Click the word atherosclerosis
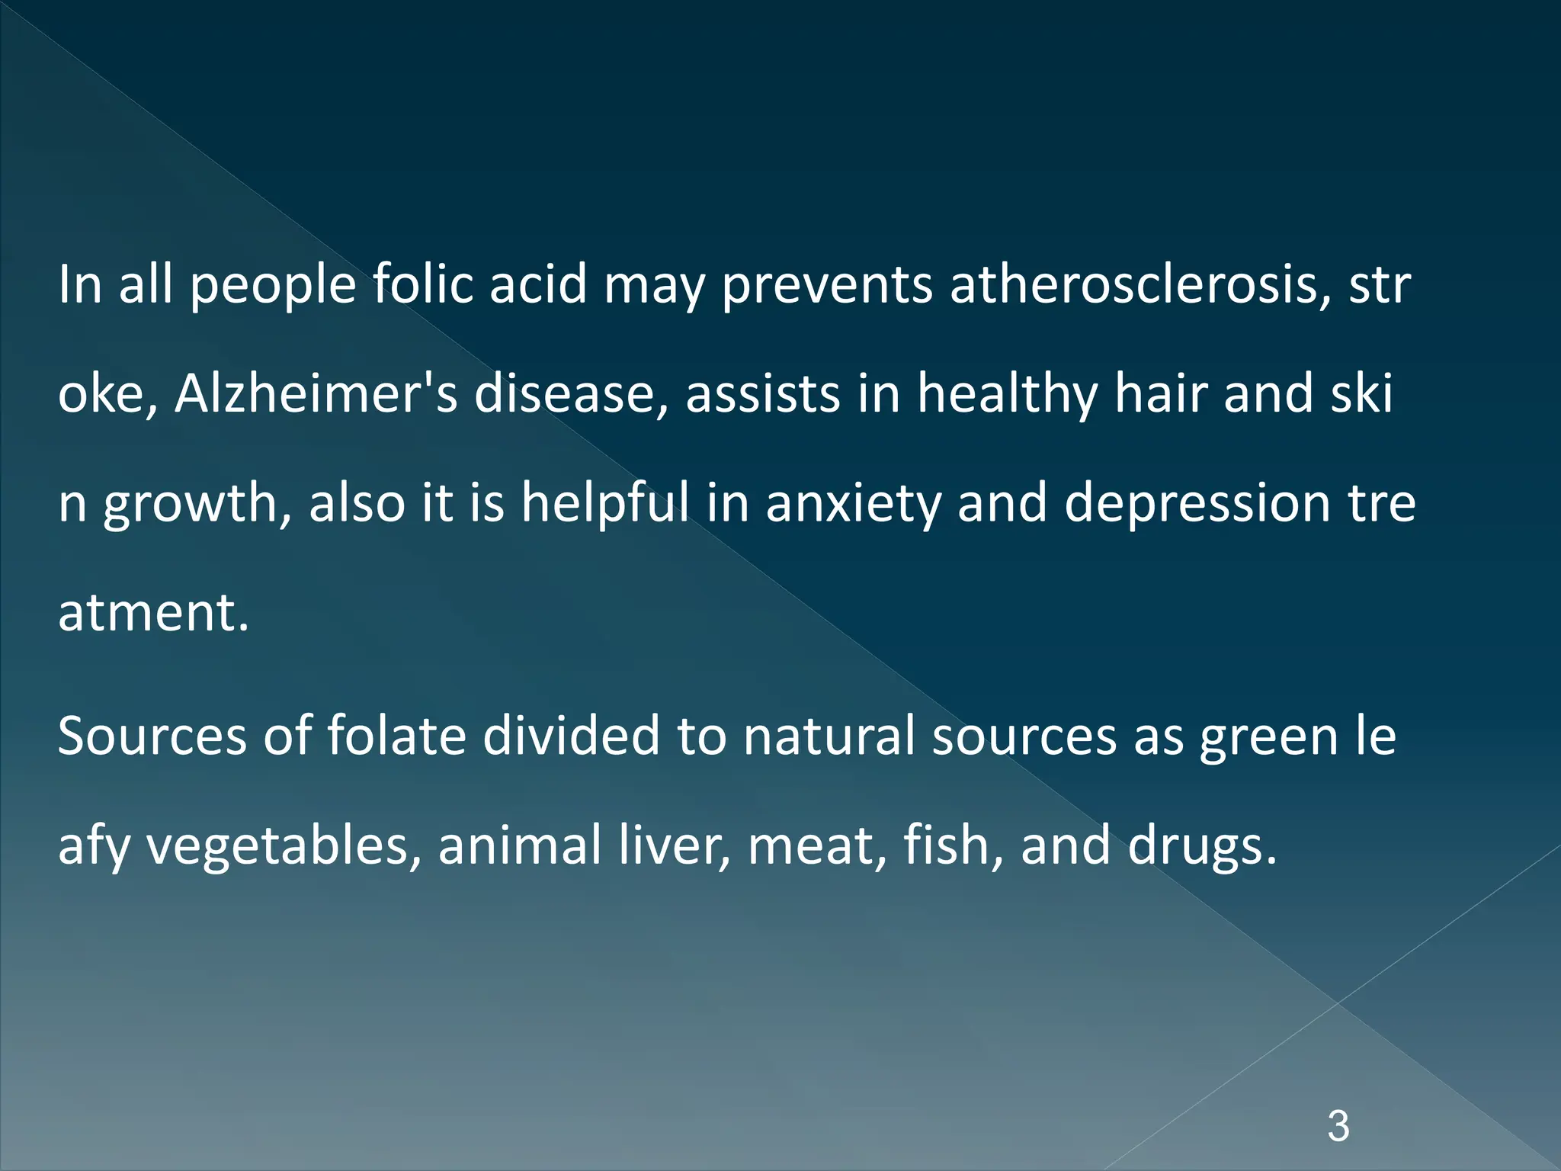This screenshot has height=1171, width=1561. pyautogui.click(x=1139, y=285)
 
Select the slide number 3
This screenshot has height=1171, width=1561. pyautogui.click(x=1338, y=1127)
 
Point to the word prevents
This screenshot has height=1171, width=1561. pyautogui.click(x=826, y=285)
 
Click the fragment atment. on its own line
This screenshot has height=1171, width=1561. pyautogui.click(x=153, y=613)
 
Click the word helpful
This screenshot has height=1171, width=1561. pyautogui.click(x=605, y=504)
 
